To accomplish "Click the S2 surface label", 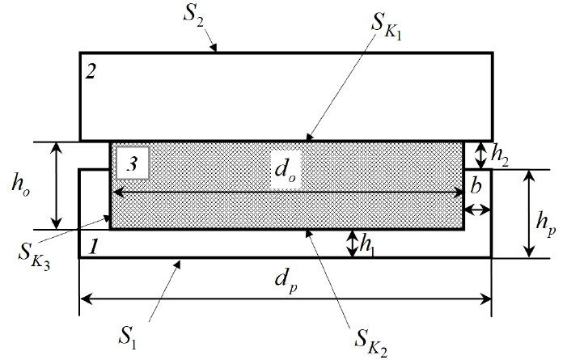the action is [193, 15].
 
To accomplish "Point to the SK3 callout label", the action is [34, 256].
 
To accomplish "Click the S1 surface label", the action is [128, 337].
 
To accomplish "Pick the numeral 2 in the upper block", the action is [91, 71].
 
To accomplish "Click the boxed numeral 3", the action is [133, 163].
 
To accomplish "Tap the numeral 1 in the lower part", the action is [93, 247].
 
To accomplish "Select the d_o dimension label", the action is [286, 169].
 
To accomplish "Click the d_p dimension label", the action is [286, 281].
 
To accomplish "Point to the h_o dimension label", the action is [20, 184].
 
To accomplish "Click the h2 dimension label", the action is [500, 155].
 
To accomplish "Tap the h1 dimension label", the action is [367, 245].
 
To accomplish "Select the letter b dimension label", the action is [476, 186].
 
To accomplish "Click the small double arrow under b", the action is [477, 210].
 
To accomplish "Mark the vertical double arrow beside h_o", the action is [56, 185].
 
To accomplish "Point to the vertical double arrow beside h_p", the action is [529, 214].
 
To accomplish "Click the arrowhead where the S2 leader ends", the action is [214, 48].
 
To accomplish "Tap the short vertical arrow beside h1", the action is [352, 244].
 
